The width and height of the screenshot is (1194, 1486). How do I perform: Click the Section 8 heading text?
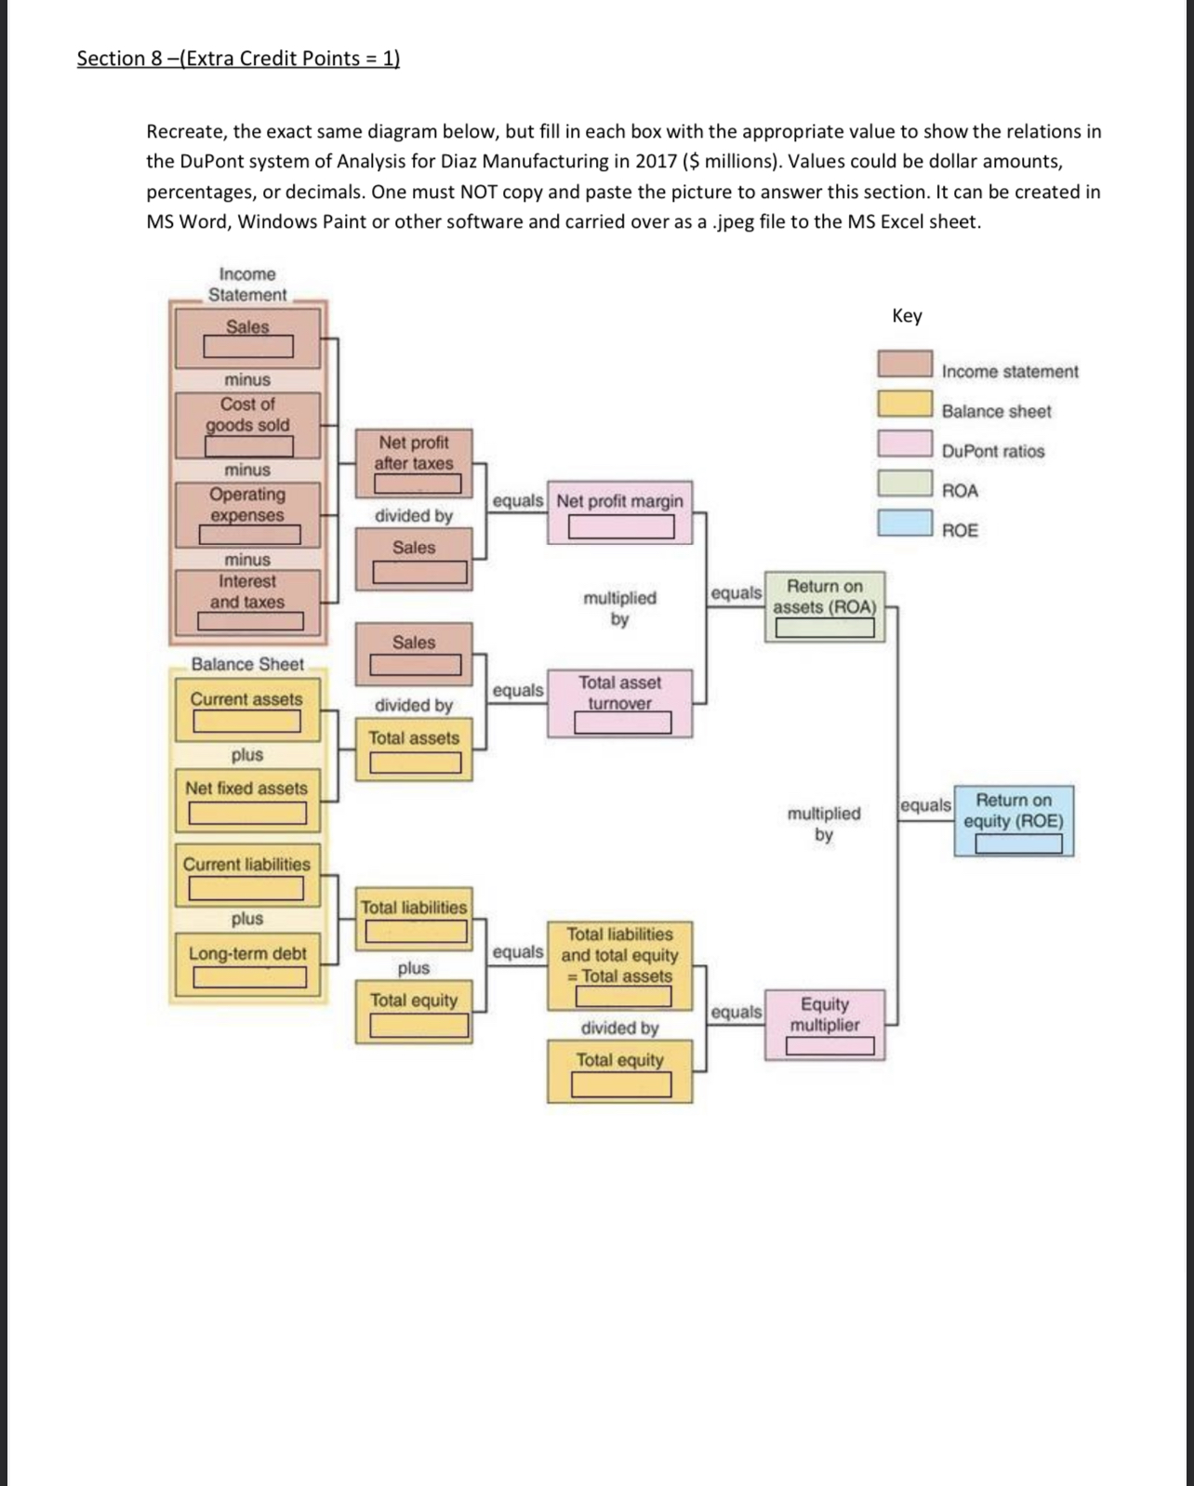pos(238,59)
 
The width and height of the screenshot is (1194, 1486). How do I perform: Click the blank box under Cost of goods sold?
pos(248,446)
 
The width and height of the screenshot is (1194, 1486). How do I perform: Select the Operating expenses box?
pos(248,514)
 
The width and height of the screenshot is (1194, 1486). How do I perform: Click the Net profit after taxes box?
pos(415,462)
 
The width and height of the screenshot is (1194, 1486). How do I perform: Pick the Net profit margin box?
pos(620,512)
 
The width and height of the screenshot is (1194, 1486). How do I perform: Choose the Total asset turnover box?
pos(621,704)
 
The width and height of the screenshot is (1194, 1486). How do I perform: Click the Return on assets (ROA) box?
pos(825,607)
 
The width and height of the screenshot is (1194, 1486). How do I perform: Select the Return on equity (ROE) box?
pos(1014,821)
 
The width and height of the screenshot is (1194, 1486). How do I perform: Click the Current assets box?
pos(247,710)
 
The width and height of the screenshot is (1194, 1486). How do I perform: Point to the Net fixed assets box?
pos(247,800)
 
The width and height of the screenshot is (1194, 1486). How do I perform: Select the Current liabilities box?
pos(247,875)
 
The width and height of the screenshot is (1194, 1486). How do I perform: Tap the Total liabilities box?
pos(415,918)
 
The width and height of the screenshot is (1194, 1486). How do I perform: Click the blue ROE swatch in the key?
pos(906,523)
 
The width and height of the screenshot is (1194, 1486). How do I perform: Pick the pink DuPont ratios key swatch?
pos(906,444)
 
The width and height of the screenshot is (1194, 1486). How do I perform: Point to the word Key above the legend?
pos(907,316)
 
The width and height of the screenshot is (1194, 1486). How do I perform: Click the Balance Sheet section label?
pos(247,664)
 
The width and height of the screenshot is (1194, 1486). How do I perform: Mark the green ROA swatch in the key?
pos(906,484)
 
